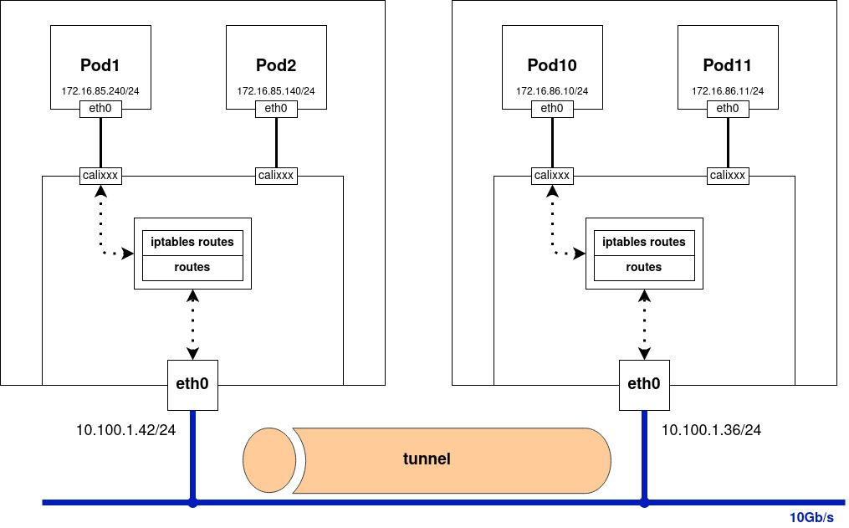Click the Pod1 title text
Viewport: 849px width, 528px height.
100,65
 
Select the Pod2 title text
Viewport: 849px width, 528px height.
276,65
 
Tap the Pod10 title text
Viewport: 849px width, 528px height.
552,65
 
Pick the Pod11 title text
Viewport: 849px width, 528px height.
728,65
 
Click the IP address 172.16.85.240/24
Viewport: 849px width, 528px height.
100,91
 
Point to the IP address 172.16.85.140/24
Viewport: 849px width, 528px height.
276,91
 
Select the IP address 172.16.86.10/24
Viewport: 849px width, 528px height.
552,91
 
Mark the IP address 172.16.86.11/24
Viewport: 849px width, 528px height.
728,91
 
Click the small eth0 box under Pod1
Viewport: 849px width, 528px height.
100,109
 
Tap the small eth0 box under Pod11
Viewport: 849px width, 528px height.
728,109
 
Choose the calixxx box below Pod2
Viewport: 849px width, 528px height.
276,176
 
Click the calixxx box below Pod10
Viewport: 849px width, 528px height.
552,176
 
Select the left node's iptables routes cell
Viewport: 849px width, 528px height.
192,243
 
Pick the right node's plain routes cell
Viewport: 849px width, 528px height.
644,268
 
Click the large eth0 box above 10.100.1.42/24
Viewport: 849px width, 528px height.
192,385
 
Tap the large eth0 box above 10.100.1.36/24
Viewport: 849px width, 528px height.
644,385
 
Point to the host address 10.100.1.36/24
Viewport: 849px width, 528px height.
711,430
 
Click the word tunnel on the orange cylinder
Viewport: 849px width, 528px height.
427,459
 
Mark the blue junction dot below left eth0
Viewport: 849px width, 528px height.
192,503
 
